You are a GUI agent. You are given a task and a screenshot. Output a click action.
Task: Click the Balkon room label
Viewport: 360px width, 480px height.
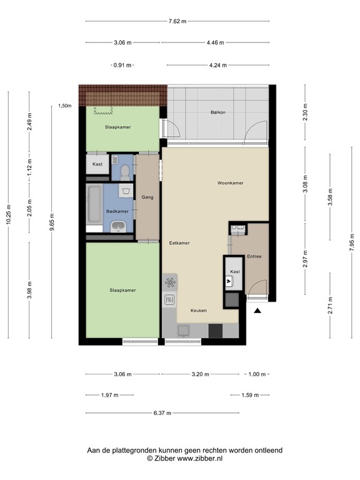218,112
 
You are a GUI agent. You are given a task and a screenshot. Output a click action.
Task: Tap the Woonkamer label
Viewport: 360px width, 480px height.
230,183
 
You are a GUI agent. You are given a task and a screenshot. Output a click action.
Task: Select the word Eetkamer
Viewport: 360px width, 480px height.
179,242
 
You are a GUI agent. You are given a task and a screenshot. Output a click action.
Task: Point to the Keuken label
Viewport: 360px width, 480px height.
198,310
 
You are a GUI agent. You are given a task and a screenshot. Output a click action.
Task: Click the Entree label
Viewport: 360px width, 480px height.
254,256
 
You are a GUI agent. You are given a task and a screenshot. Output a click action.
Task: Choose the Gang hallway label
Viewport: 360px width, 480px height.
147,197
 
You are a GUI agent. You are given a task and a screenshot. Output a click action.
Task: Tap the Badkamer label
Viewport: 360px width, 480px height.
117,211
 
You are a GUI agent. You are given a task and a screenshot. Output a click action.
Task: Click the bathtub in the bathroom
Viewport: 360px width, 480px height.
94,204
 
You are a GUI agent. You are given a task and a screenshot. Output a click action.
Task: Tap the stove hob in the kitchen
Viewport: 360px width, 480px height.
170,283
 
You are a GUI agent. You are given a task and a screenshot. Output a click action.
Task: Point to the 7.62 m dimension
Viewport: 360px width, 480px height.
177,21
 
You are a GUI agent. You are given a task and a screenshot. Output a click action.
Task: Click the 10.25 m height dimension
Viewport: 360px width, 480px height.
9,216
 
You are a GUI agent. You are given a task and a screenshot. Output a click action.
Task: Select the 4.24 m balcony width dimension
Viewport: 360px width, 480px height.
218,65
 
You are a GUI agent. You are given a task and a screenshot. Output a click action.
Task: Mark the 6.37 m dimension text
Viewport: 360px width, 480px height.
162,413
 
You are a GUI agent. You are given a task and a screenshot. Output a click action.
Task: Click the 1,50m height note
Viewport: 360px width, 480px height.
64,106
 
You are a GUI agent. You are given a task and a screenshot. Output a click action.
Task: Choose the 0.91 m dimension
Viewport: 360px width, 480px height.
122,65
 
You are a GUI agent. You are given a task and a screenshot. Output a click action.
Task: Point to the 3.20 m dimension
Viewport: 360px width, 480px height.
201,374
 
